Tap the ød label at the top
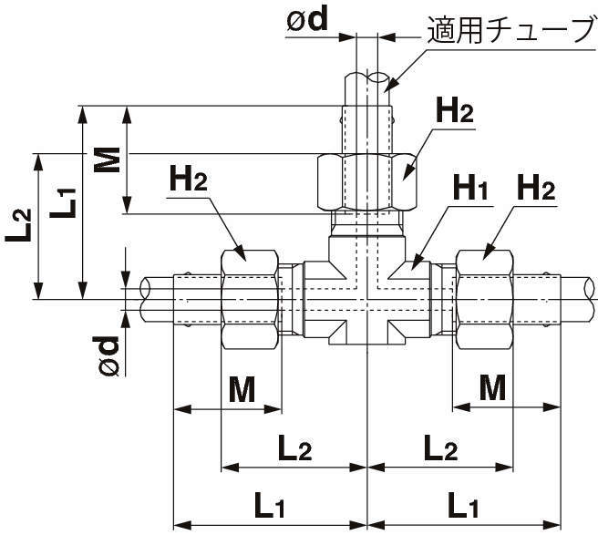click(x=306, y=20)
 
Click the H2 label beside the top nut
click(x=454, y=114)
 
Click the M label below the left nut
click(x=241, y=389)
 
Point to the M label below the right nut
click(x=492, y=389)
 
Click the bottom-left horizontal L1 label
click(x=270, y=503)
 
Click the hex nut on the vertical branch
click(x=366, y=181)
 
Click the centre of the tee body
click(x=366, y=298)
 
